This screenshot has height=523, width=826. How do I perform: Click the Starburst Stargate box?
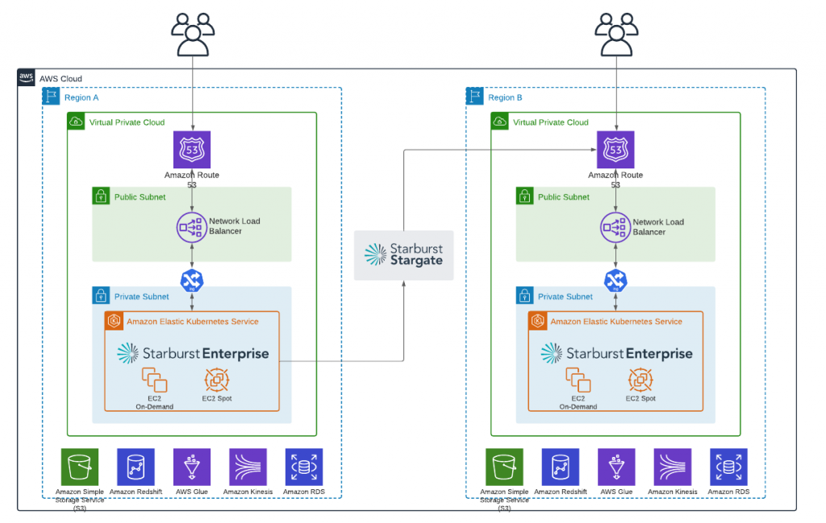click(403, 255)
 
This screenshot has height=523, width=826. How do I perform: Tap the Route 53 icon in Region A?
click(192, 150)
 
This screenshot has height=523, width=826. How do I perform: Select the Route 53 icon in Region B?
click(615, 150)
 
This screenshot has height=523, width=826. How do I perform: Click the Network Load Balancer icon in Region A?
click(192, 227)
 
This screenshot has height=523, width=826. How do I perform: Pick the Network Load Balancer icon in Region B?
click(615, 227)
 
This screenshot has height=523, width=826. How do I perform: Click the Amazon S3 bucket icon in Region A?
click(79, 467)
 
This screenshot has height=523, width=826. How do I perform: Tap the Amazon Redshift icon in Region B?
click(559, 467)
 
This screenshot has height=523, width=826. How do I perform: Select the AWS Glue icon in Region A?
click(192, 467)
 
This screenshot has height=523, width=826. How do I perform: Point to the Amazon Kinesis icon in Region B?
click(672, 467)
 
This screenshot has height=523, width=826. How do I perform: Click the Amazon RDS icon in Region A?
click(304, 467)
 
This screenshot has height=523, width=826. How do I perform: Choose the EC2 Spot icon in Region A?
click(217, 380)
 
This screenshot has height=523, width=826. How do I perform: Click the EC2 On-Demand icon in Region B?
click(578, 380)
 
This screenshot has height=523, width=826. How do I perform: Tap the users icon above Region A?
click(193, 34)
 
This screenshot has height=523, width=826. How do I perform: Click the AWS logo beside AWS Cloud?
click(26, 77)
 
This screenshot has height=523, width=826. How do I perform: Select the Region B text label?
click(505, 98)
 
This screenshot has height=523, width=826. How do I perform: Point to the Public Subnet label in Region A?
click(140, 197)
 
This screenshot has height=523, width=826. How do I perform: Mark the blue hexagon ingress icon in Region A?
click(192, 280)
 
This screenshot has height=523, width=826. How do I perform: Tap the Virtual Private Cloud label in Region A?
click(127, 122)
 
